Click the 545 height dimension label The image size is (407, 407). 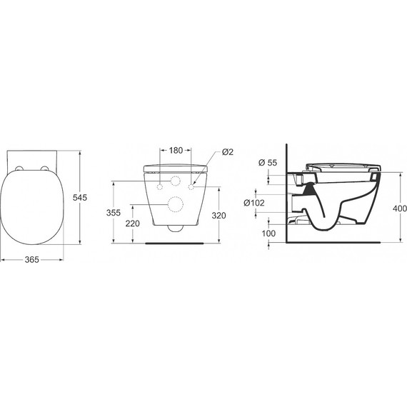[x=80, y=198]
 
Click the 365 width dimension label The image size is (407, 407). [x=32, y=259]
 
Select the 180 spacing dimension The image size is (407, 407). [x=176, y=150]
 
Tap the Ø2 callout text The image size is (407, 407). [x=228, y=152]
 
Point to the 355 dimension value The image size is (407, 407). [x=114, y=213]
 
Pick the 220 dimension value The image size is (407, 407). [x=133, y=223]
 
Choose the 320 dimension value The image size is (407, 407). [x=218, y=216]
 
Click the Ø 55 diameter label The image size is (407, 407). [x=268, y=163]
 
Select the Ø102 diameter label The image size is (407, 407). [x=254, y=203]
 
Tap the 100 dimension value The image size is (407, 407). [x=268, y=233]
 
